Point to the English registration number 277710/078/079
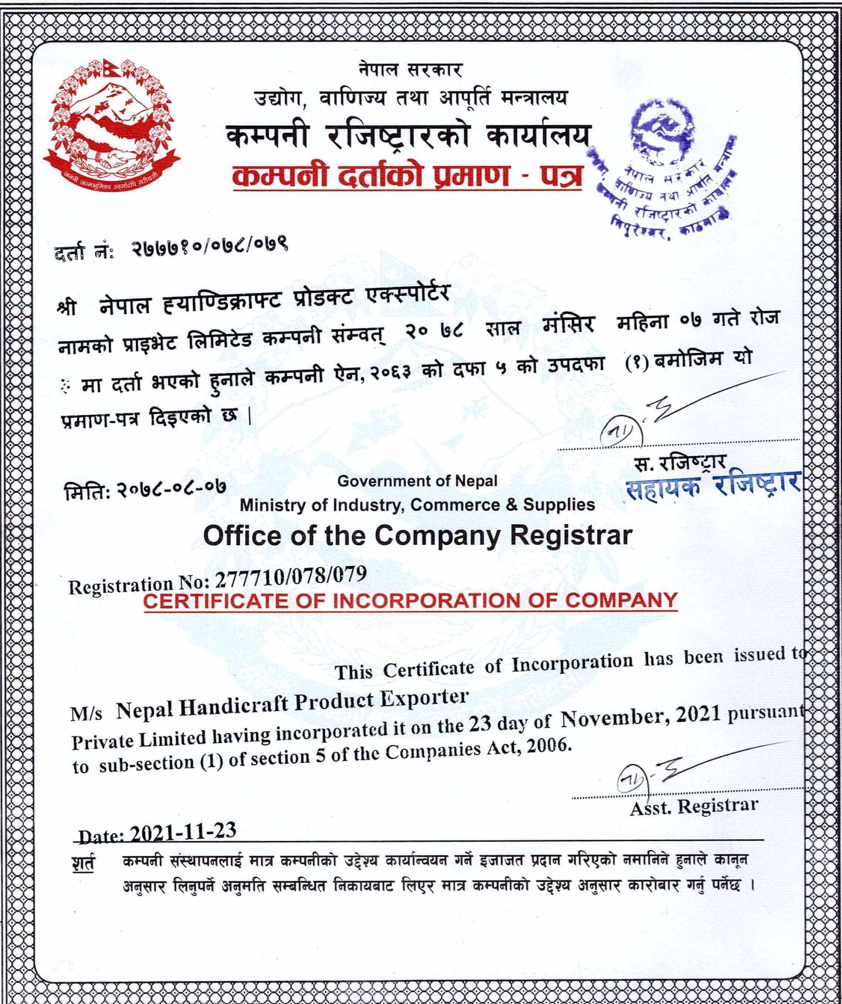(x=291, y=575)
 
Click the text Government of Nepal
(x=417, y=481)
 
